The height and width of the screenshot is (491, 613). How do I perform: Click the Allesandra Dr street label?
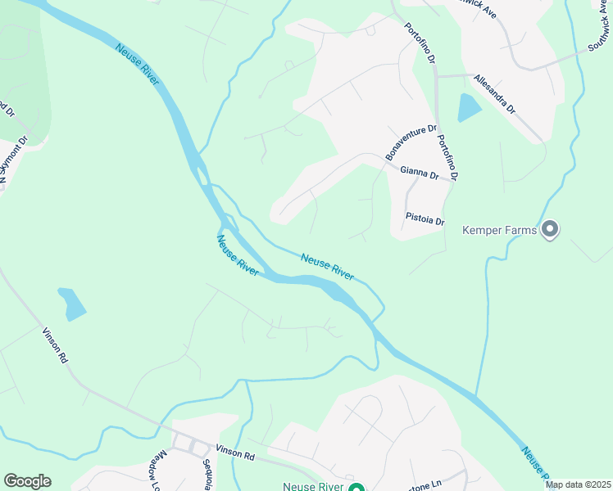[494, 94]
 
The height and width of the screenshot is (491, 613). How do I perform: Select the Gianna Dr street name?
[419, 173]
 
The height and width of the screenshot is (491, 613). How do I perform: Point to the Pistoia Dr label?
[425, 220]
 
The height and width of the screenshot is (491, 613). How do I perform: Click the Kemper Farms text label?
[499, 230]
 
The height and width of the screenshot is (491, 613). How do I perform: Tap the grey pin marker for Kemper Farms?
[550, 229]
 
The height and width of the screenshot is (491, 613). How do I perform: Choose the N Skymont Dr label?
[14, 159]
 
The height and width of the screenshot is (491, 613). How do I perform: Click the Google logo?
[27, 481]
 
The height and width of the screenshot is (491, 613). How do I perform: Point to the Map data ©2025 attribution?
[578, 484]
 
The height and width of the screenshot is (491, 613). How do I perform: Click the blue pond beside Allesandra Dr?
[468, 107]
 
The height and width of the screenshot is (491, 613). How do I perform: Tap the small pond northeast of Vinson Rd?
[72, 304]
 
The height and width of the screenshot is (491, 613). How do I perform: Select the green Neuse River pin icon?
[356, 488]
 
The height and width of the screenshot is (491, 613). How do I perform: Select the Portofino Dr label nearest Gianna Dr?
[447, 157]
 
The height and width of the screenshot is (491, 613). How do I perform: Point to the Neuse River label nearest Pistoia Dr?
[327, 267]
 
